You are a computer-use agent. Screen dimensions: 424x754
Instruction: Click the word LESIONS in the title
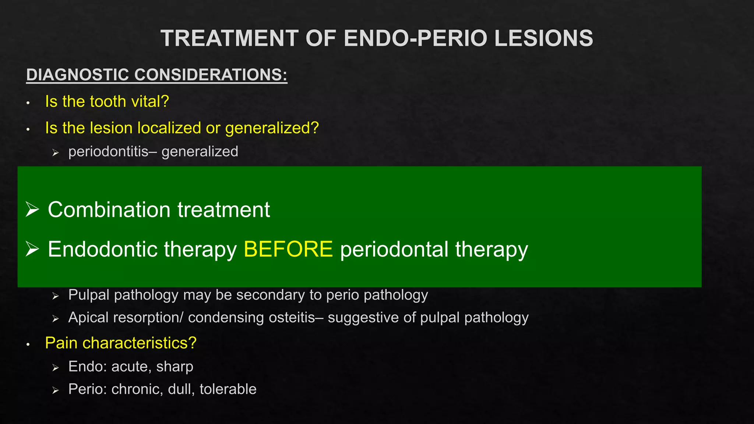coord(543,38)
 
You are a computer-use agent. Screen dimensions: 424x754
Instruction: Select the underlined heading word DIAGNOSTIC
coord(78,75)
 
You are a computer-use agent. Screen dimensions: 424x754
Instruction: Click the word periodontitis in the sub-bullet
coord(108,152)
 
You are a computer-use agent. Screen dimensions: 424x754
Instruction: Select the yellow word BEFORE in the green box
coord(288,249)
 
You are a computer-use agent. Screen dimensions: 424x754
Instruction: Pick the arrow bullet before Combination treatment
coord(32,209)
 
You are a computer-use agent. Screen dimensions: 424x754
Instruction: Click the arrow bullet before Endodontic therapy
coord(32,249)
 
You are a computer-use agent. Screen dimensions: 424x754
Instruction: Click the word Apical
coord(89,318)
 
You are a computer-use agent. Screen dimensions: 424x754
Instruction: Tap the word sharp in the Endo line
coord(175,367)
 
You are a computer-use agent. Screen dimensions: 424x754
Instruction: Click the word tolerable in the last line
coord(228,389)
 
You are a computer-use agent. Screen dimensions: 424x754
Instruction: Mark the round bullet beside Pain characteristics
coord(28,344)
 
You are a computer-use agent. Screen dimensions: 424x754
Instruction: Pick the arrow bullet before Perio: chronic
coord(56,391)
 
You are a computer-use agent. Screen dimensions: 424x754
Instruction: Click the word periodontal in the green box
coord(394,249)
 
